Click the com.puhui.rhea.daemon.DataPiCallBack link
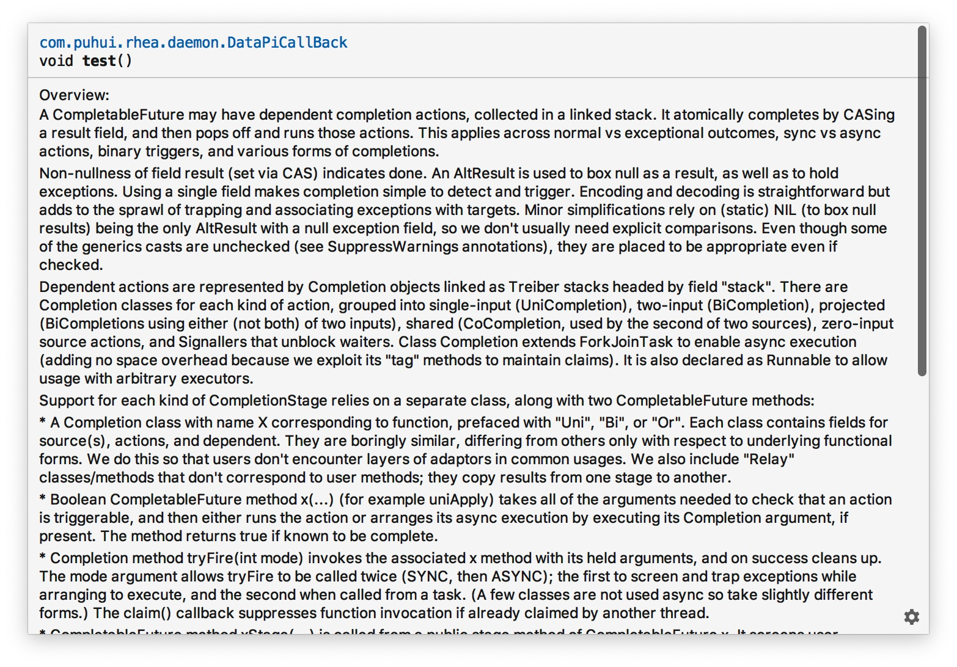(x=193, y=43)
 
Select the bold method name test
(x=99, y=61)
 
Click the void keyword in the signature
(x=56, y=61)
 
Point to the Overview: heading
(x=74, y=95)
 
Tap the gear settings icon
(x=911, y=617)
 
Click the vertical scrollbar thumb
(x=922, y=202)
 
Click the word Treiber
(x=533, y=287)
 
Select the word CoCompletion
(x=511, y=324)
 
